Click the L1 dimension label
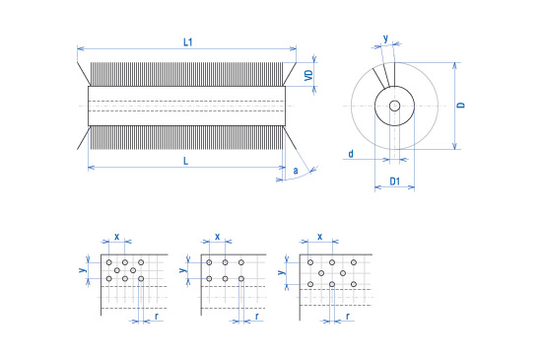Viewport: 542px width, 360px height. (187, 42)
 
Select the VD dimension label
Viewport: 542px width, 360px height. (308, 75)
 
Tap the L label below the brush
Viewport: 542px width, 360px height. (186, 161)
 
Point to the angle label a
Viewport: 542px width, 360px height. (296, 171)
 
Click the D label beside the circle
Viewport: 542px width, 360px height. (461, 105)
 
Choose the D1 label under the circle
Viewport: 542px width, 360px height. (395, 181)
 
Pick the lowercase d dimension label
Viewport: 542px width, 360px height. (351, 154)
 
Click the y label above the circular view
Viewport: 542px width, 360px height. (385, 38)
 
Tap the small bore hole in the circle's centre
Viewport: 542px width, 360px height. (395, 106)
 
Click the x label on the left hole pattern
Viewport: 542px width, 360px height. (117, 237)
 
